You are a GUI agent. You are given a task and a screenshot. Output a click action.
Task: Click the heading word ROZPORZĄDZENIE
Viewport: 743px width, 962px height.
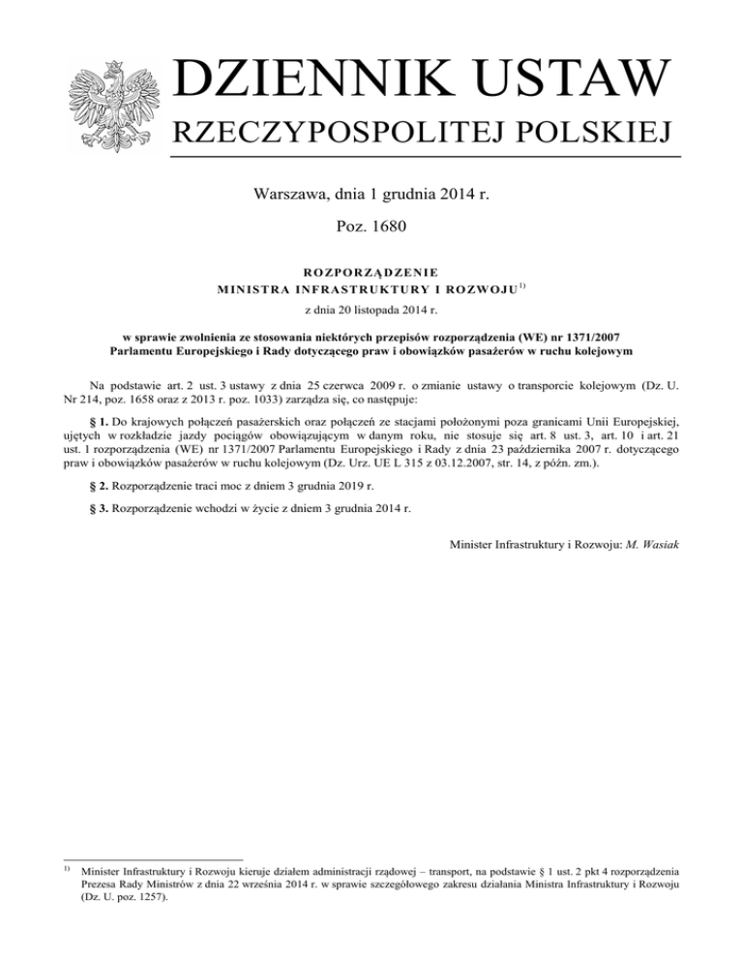(x=371, y=272)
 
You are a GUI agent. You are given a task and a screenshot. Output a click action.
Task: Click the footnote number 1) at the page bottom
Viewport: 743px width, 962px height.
(x=66, y=870)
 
